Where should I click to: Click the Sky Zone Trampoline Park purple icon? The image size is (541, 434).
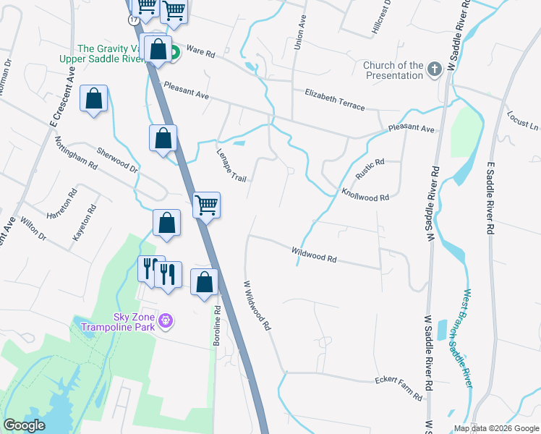166,319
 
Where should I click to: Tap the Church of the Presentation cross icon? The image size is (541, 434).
434,70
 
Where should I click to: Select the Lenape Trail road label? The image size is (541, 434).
231,166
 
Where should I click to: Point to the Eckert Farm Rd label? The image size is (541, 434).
398,388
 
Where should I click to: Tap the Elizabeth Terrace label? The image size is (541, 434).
335,100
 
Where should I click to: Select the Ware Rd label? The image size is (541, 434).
201,51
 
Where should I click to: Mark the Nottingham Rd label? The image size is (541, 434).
76,153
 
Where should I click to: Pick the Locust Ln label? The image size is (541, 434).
523,121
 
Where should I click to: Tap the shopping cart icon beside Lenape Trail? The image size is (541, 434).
207,205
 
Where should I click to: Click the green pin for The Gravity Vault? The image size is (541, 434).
174,53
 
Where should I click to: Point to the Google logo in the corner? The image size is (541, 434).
24,425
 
